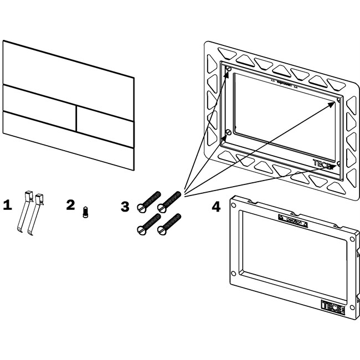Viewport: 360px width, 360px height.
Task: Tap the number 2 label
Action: pos(70,204)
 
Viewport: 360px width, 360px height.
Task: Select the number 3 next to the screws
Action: pos(126,207)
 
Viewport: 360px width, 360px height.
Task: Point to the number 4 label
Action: pos(216,207)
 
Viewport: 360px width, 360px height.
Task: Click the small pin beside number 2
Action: pos(85,212)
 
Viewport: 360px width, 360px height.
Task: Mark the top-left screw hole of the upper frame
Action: pos(228,69)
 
